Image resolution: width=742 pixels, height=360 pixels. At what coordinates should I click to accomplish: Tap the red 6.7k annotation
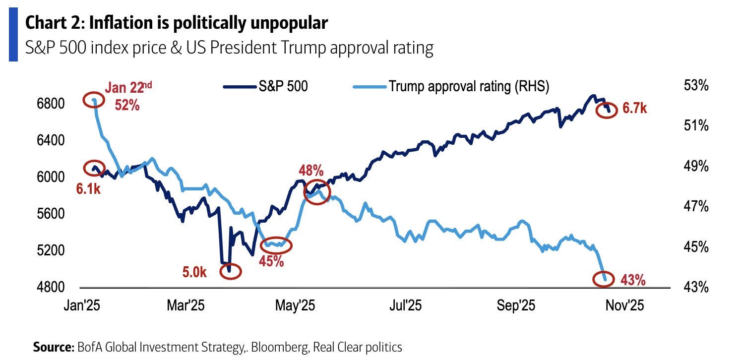635,109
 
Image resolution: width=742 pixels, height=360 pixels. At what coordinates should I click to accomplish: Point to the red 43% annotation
633,280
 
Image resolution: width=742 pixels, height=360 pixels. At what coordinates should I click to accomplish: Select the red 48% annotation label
311,172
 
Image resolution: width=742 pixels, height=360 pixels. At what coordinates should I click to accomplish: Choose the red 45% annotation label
272,261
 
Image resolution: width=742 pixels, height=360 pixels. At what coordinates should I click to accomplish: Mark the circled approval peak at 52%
94,101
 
